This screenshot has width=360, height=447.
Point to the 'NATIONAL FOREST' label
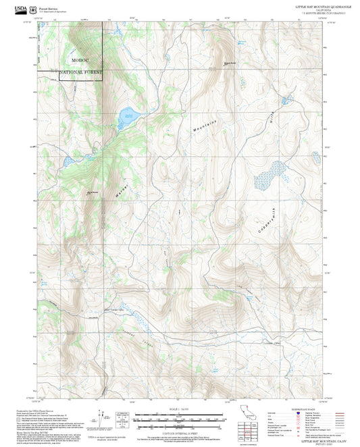(x=81, y=72)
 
